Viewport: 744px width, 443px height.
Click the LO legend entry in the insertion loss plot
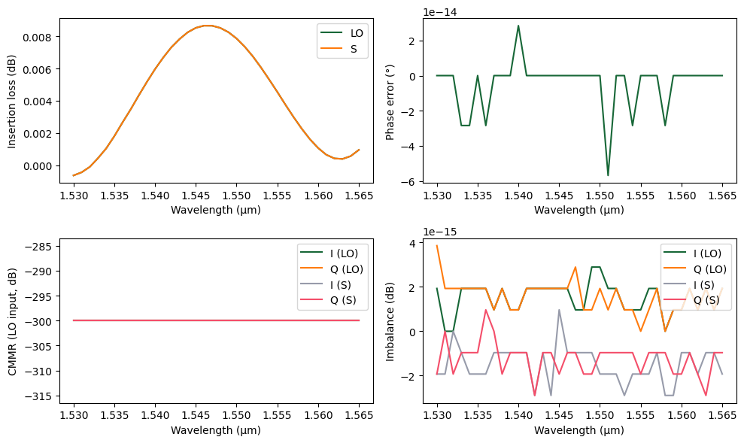[x=348, y=34]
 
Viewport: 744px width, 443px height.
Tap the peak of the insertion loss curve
[x=208, y=26]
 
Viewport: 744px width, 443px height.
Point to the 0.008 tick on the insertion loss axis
[x=41, y=37]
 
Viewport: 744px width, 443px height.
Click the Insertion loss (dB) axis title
[x=12, y=100]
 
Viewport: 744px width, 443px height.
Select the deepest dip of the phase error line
[x=608, y=175]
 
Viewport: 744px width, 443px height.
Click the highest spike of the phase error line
[x=518, y=26]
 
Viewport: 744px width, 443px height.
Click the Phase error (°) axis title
[x=390, y=100]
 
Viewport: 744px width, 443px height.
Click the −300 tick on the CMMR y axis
[x=40, y=321]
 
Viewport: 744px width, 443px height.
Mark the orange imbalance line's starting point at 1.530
[x=437, y=246]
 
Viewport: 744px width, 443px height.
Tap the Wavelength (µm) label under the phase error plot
[x=579, y=210]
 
